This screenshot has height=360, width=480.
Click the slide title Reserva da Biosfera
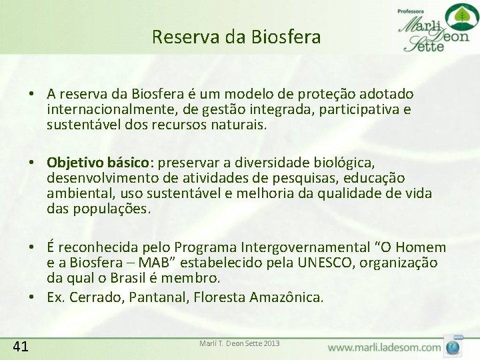pyautogui.click(x=236, y=37)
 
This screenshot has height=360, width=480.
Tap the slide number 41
pyautogui.click(x=21, y=345)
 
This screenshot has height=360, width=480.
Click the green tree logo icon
pyautogui.click(x=457, y=16)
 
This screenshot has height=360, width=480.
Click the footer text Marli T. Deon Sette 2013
pyautogui.click(x=239, y=343)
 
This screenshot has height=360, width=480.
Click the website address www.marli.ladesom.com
pyautogui.click(x=384, y=347)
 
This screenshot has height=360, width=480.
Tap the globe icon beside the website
pyautogui.click(x=454, y=347)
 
